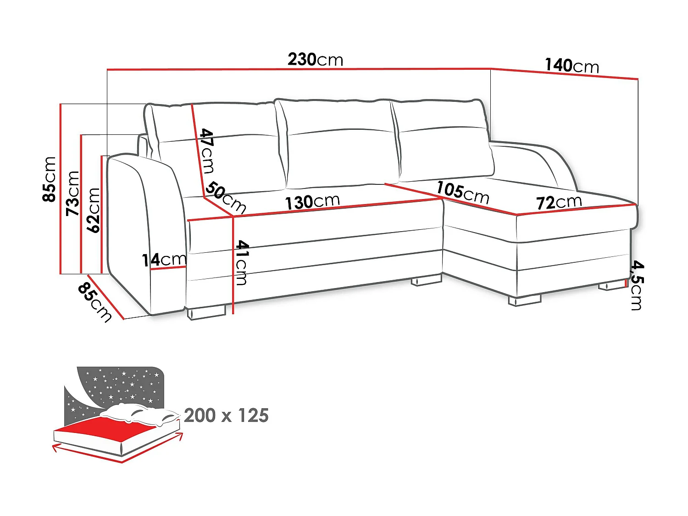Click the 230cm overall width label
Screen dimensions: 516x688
[x=315, y=60]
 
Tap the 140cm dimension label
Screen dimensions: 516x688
[x=571, y=66]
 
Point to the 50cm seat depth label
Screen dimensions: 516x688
[x=226, y=197]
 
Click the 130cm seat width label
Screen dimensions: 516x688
[x=312, y=202]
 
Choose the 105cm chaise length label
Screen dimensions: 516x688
[x=462, y=192]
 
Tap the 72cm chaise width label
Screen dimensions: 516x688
[x=559, y=202]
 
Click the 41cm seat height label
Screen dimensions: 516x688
[x=241, y=263]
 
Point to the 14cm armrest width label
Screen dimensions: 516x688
[x=164, y=260]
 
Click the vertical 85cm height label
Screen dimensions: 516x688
[x=49, y=179]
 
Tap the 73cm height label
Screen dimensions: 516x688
[x=73, y=193]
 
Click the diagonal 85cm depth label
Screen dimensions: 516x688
[x=94, y=302]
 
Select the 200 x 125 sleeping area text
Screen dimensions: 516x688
[x=226, y=416]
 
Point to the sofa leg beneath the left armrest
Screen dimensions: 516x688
[x=206, y=313]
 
